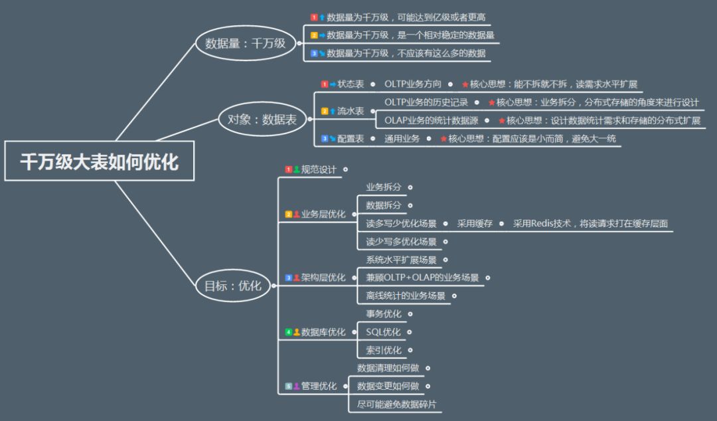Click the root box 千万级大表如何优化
coord(99,161)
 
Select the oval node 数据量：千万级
coord(246,43)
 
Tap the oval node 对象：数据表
coord(262,120)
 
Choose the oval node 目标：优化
coord(233,286)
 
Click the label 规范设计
coord(319,169)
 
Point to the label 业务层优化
coord(323,214)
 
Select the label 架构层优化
coord(323,278)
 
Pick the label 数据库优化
coord(323,332)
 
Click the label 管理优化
coord(319,386)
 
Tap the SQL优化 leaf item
coord(383,332)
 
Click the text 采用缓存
coord(475,223)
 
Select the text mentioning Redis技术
coord(590,223)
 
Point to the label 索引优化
coord(384,350)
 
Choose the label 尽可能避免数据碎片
coord(396,404)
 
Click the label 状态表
coord(351,84)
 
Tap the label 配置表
coord(351,139)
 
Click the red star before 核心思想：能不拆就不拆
coord(465,84)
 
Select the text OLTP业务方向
coord(413,84)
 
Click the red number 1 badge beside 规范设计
coord(289,169)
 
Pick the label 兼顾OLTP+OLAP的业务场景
coord(422,278)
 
